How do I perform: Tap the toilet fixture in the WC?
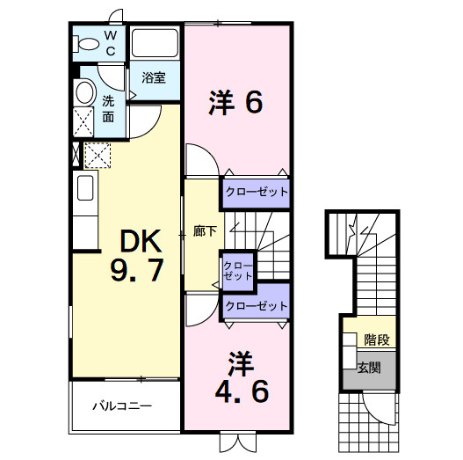(88, 43)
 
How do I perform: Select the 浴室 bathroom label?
(154, 77)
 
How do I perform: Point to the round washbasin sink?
(84, 92)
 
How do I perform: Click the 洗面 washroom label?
(108, 107)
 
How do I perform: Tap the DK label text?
(136, 239)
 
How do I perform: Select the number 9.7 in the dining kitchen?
(136, 271)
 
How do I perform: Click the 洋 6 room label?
(235, 103)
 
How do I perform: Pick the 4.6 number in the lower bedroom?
(236, 391)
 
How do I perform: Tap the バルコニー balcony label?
(123, 407)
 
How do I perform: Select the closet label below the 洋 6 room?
(256, 191)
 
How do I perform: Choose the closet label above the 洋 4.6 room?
(256, 306)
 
